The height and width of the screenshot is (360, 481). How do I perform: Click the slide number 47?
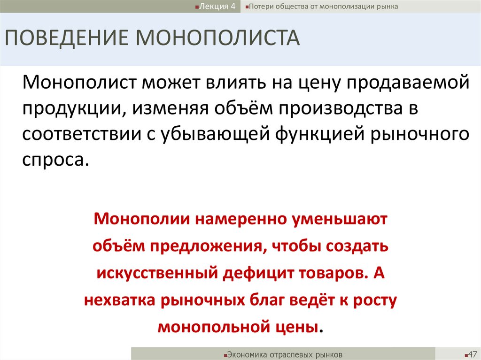click(x=471, y=353)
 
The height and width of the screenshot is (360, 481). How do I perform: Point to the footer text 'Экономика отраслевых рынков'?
click(x=285, y=354)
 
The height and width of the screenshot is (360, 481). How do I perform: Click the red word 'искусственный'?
click(x=156, y=273)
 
